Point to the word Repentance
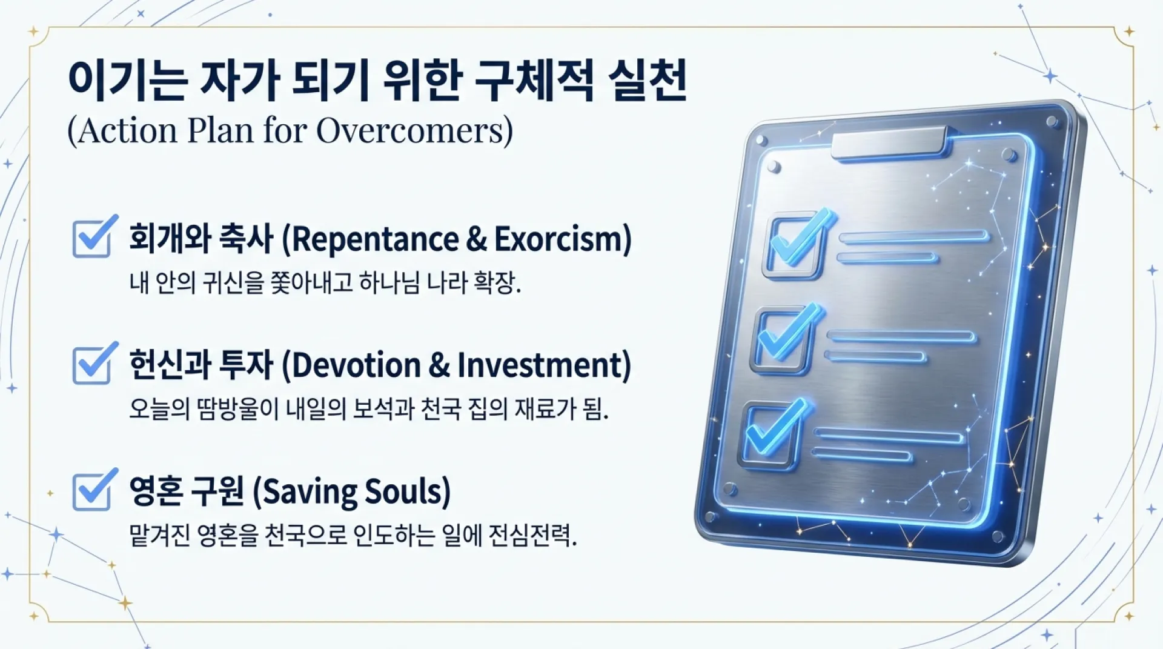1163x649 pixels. [375, 239]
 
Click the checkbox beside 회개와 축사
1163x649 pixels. [92, 238]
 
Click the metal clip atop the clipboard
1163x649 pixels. [889, 143]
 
